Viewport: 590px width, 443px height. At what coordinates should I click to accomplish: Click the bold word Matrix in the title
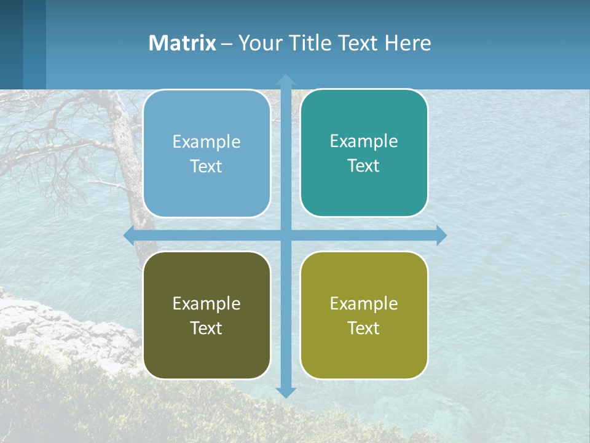(182, 43)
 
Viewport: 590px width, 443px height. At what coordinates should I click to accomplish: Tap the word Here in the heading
(407, 43)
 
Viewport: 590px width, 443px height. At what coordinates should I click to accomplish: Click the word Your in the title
(258, 43)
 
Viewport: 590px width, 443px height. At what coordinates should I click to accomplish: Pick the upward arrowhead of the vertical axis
(285, 79)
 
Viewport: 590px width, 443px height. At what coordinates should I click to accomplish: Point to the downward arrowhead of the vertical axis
(285, 393)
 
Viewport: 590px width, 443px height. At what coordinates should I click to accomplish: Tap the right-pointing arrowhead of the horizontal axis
(441, 235)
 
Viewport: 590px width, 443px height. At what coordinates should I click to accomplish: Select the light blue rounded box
(206, 154)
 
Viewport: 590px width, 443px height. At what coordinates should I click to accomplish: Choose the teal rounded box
(364, 153)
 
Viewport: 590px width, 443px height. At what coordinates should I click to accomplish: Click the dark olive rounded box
(206, 315)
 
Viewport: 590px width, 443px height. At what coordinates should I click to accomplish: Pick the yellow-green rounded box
(364, 315)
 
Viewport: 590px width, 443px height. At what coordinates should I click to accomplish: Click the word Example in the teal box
(364, 141)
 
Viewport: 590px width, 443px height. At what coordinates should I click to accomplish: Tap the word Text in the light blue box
(206, 166)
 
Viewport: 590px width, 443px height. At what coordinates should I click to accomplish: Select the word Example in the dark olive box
(206, 303)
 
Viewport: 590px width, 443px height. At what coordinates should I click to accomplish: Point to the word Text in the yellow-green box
(364, 328)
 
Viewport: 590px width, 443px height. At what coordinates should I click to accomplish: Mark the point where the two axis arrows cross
(285, 235)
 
